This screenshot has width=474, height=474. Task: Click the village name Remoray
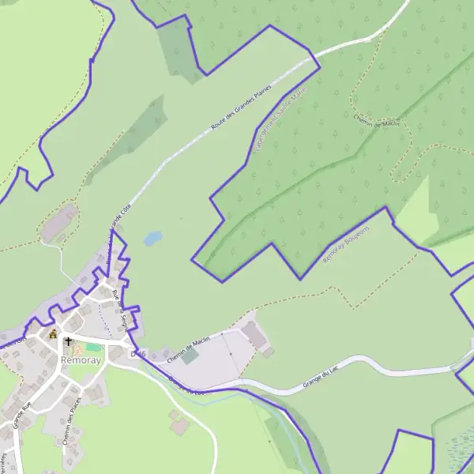point(81,360)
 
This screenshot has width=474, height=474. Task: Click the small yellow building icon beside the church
point(53,334)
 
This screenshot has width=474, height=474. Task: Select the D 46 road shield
point(139,354)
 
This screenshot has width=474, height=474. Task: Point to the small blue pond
point(152,237)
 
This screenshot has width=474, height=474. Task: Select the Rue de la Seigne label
point(122,309)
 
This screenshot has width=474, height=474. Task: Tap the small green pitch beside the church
point(93,347)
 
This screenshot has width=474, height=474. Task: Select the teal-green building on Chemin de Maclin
point(190,356)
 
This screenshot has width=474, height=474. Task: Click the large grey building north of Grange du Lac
point(255,334)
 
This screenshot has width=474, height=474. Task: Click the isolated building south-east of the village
point(180,426)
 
